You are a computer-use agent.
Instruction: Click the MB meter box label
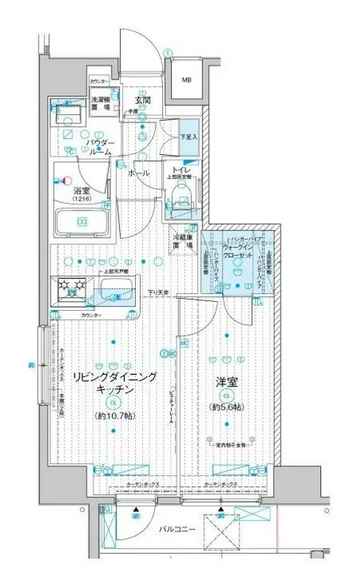pos(185,81)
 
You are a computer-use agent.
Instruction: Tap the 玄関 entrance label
pos(142,100)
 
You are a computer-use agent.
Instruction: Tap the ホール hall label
pos(141,172)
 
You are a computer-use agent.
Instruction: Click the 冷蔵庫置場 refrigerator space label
pos(184,242)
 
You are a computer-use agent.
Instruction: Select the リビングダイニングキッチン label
pos(114,384)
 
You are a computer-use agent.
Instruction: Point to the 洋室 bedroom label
pos(226,382)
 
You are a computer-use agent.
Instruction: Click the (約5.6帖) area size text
pos(226,408)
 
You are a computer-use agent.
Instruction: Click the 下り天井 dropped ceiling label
pos(160,294)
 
